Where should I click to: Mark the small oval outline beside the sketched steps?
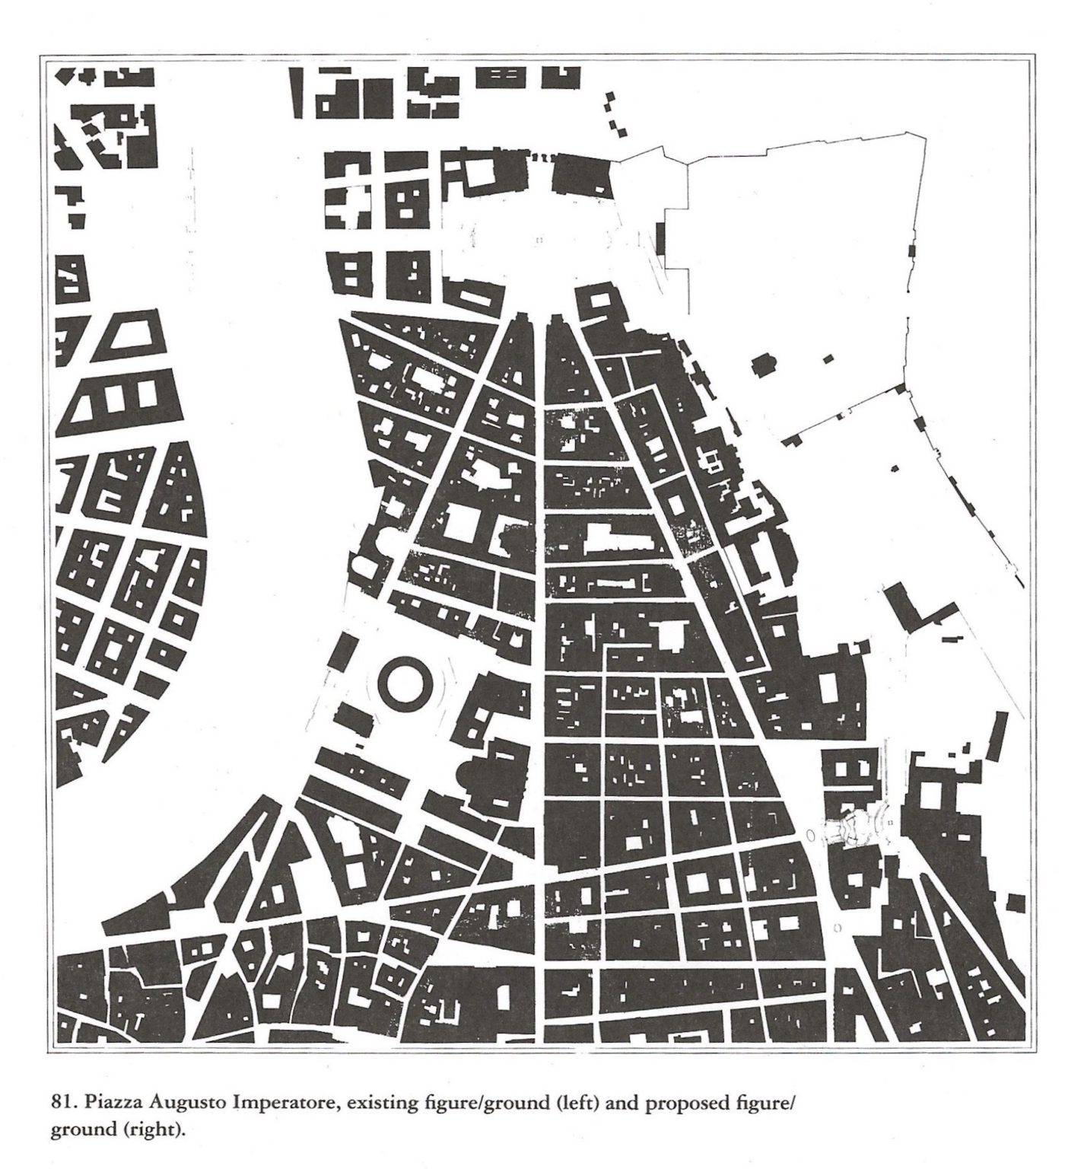coord(809,836)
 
